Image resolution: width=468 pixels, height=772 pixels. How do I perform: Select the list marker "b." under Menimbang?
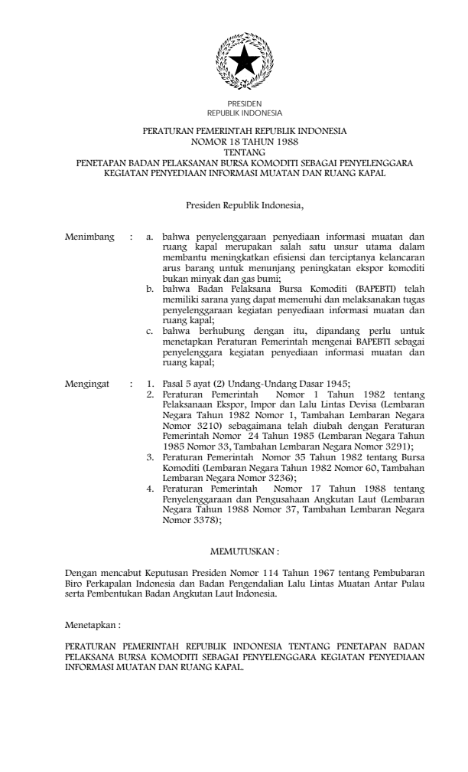tap(151, 293)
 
